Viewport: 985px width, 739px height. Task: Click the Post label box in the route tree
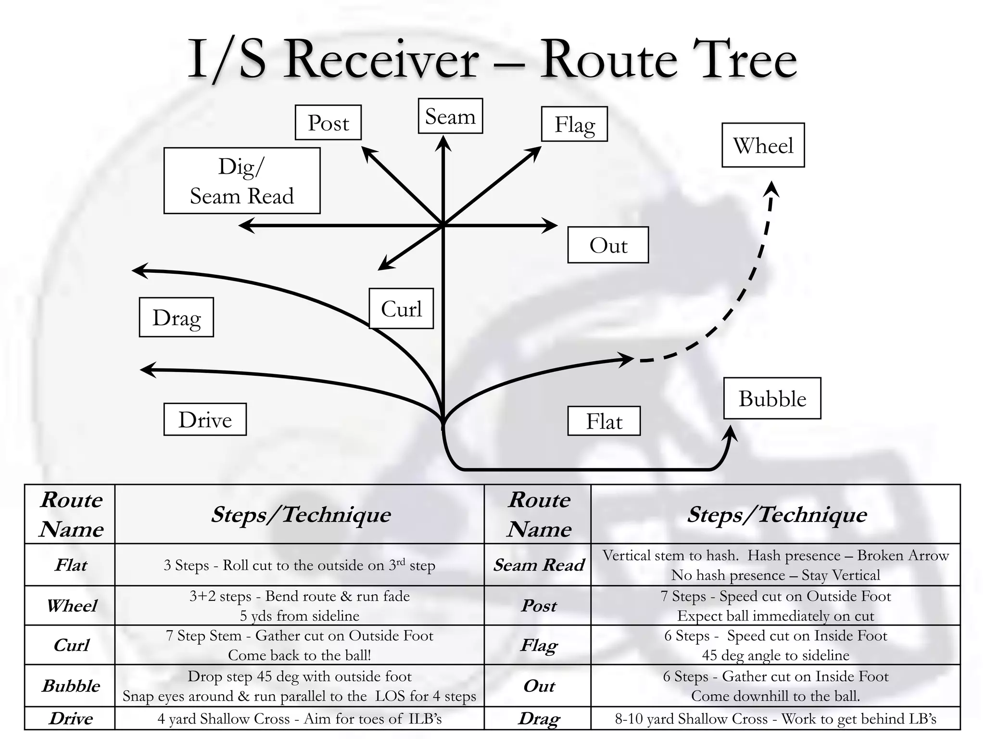[x=328, y=122]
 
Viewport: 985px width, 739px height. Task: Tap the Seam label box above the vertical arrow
[x=450, y=116]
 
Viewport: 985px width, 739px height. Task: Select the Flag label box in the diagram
[x=574, y=124]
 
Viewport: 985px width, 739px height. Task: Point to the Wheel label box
[x=763, y=145]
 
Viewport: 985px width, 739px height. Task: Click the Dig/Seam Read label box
[x=242, y=180]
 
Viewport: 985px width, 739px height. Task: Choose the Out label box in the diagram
[x=608, y=245]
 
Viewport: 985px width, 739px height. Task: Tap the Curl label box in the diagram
[x=401, y=308]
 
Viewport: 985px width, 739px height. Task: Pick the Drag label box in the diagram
[x=177, y=317]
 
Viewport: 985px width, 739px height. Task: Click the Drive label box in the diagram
[x=205, y=419]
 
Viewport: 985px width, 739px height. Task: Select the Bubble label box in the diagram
[x=772, y=398]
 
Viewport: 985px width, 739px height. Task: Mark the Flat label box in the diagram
[x=604, y=421]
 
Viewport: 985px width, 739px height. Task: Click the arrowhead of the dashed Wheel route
[x=771, y=189]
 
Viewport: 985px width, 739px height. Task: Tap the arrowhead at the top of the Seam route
[x=443, y=144]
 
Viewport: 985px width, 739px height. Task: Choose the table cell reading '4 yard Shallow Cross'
[x=299, y=718]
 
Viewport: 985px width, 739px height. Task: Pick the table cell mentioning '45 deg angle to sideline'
[x=775, y=645]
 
